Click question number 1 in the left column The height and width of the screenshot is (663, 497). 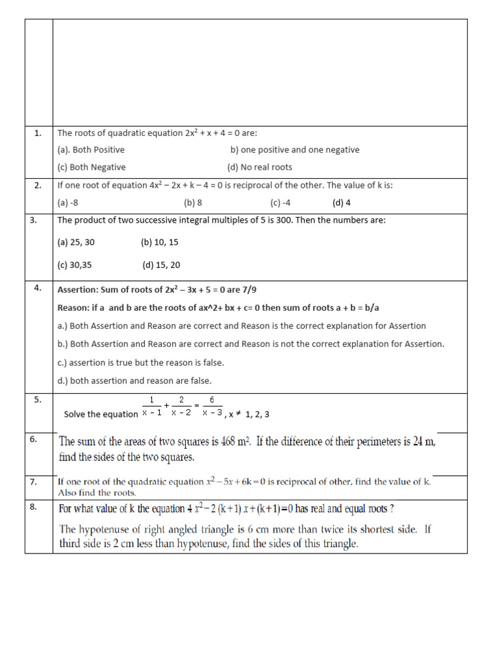(38, 133)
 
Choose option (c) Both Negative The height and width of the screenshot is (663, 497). (91, 167)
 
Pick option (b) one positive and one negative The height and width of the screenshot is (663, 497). (294, 150)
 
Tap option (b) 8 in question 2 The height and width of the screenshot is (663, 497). (193, 203)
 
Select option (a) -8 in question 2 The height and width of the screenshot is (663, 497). (67, 203)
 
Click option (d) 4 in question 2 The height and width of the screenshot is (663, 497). (341, 203)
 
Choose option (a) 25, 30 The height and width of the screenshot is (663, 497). (76, 242)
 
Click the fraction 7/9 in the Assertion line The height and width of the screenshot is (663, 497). (256, 289)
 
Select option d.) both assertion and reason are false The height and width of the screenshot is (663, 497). (135, 381)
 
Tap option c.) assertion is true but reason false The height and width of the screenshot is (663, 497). (141, 363)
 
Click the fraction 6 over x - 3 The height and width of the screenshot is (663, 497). (212, 406)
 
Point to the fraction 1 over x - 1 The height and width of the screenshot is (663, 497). (151, 406)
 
